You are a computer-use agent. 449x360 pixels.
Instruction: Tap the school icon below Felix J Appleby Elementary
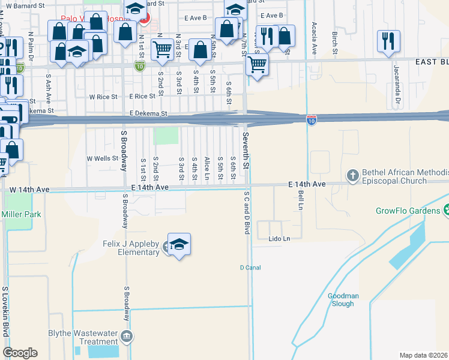coord(179,245)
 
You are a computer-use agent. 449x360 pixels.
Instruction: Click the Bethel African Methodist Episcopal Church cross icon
coord(353,175)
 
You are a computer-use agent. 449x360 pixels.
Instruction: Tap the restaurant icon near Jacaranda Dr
coord(388,41)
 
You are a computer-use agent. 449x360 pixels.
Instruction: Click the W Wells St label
coord(102,158)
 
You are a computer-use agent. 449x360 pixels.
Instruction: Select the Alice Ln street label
coord(207,168)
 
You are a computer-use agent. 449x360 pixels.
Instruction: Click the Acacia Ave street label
coord(314,37)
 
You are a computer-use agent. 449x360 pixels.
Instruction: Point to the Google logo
coord(20,353)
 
